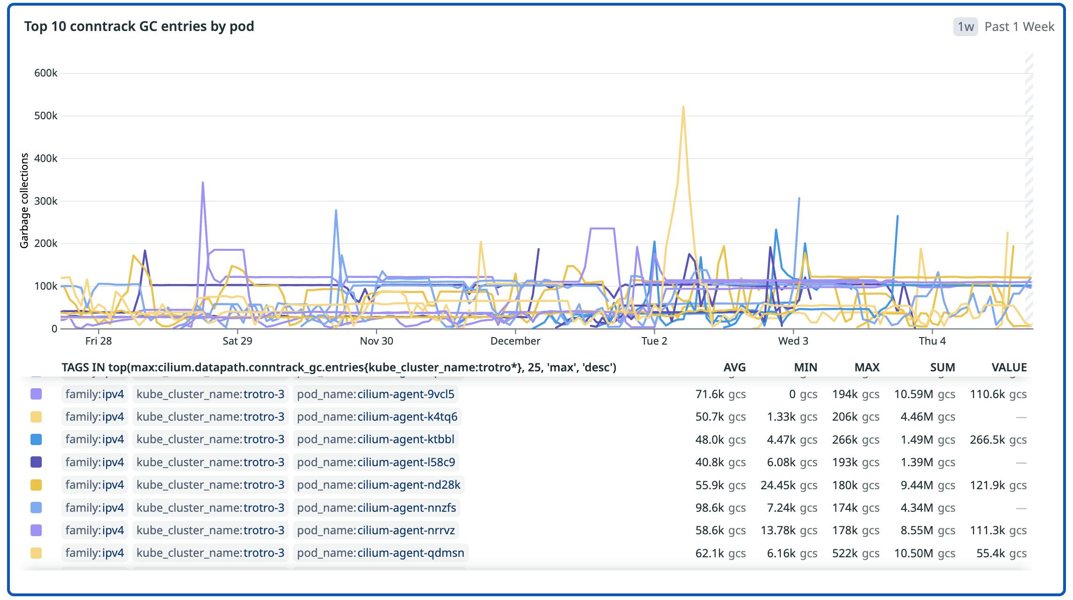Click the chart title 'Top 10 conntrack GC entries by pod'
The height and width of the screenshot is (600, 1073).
tap(139, 26)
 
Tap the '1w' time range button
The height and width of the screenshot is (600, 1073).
tap(965, 27)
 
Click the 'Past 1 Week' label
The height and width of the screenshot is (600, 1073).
tap(1019, 27)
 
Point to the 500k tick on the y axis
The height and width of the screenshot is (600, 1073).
tap(46, 115)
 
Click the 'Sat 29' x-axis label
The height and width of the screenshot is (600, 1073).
tap(237, 341)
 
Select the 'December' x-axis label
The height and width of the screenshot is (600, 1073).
tap(515, 341)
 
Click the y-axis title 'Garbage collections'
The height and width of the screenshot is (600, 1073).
tap(24, 200)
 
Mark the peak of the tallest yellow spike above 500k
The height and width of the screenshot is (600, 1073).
tap(683, 107)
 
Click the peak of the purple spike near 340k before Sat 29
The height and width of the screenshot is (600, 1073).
tap(203, 183)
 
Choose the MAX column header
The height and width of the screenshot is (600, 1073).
tap(866, 367)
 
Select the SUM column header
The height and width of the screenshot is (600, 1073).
tap(942, 367)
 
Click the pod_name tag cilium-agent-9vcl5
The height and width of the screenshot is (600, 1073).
tap(376, 394)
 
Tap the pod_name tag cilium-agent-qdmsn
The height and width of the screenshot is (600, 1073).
tap(380, 553)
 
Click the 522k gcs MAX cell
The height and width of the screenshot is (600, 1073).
tap(855, 553)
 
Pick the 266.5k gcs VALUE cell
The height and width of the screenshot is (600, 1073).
tap(998, 439)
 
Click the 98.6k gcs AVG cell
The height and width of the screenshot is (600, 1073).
tap(720, 508)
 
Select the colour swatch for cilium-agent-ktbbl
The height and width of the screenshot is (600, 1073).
tap(36, 439)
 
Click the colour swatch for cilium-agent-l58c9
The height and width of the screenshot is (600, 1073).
tap(36, 462)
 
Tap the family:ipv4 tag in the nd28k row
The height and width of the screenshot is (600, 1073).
tap(94, 485)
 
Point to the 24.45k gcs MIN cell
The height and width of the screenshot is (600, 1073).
tap(789, 485)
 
